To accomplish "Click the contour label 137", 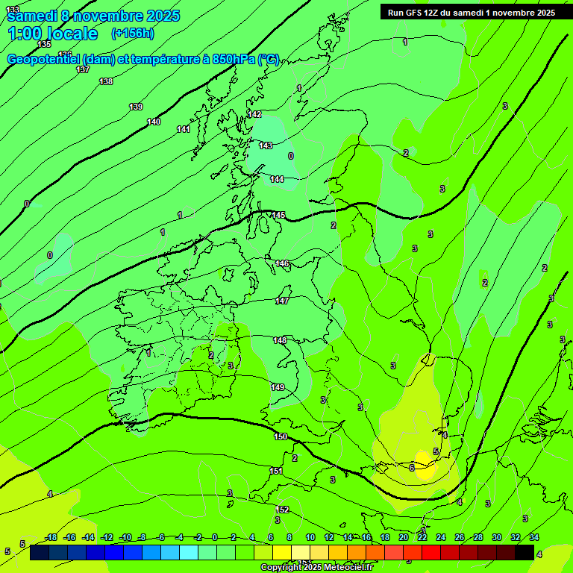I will pos(83,69).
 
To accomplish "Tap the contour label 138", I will pos(106,81).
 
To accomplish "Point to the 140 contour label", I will pos(154,122).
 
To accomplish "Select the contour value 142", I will pos(255,114).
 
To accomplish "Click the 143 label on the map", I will pos(266,145).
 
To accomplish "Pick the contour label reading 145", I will pos(278,215).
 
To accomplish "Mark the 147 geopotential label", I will pos(281,301).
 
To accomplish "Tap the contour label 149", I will pos(278,387).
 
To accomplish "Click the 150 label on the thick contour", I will pos(281,436).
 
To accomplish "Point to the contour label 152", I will pos(283,510).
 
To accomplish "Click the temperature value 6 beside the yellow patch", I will pos(412,468).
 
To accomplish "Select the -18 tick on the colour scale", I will pos(51,537).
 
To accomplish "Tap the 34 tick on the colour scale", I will pos(534,537).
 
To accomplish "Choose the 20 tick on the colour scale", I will pos(404,537).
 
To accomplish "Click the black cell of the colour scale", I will pos(525,552).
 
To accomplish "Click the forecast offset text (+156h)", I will pos(132,33).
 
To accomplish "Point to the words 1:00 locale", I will pos(52,34).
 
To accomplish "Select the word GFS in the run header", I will pos(416,13).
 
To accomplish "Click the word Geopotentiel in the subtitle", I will pos(43,59).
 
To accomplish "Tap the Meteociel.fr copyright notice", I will pos(316,567).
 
